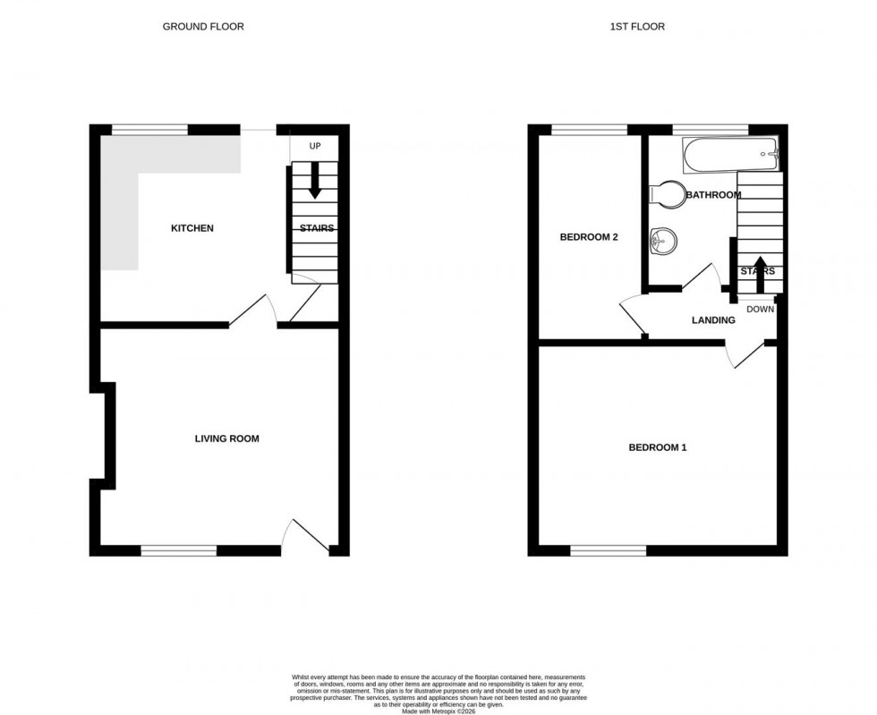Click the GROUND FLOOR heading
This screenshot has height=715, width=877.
coord(202,27)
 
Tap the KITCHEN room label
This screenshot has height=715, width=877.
coord(192,228)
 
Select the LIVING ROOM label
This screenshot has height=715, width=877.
coord(227,438)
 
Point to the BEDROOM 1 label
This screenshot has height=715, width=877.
coord(657,447)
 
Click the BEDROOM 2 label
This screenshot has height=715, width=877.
coord(589,237)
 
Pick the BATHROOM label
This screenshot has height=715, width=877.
coord(713,195)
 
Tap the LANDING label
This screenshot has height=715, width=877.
coord(713,320)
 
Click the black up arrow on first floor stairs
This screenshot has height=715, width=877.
coord(760,274)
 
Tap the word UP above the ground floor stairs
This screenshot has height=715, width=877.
coord(314,146)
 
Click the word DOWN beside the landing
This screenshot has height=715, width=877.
coord(760,310)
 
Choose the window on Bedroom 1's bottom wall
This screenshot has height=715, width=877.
coord(608,549)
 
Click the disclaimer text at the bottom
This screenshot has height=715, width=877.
coord(438,693)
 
